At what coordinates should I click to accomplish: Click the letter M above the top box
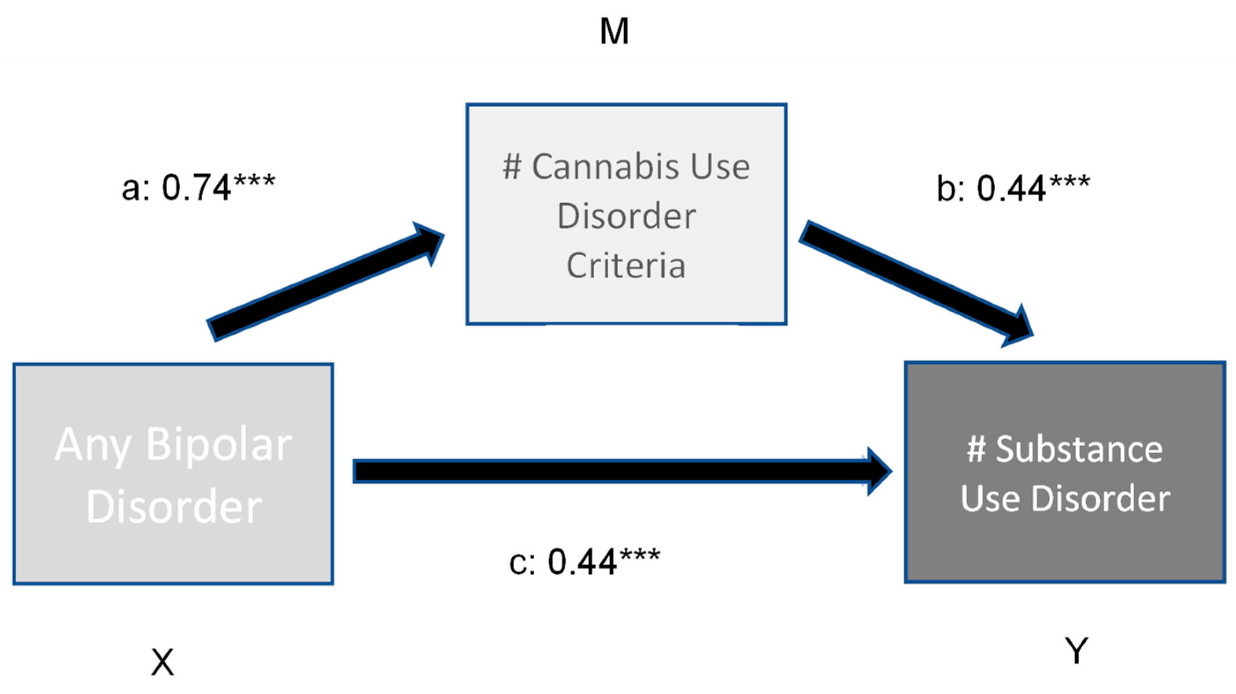point(614,32)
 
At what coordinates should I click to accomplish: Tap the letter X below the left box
point(163,662)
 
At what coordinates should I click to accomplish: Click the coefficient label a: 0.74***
point(198,187)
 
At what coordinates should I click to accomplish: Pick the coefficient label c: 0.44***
point(584,561)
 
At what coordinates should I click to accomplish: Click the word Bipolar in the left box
point(219,445)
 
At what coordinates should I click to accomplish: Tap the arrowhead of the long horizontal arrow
point(878,470)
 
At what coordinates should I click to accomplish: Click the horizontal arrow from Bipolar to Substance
point(609,470)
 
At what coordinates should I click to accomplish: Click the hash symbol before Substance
point(976,450)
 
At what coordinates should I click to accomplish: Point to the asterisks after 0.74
point(254,181)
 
